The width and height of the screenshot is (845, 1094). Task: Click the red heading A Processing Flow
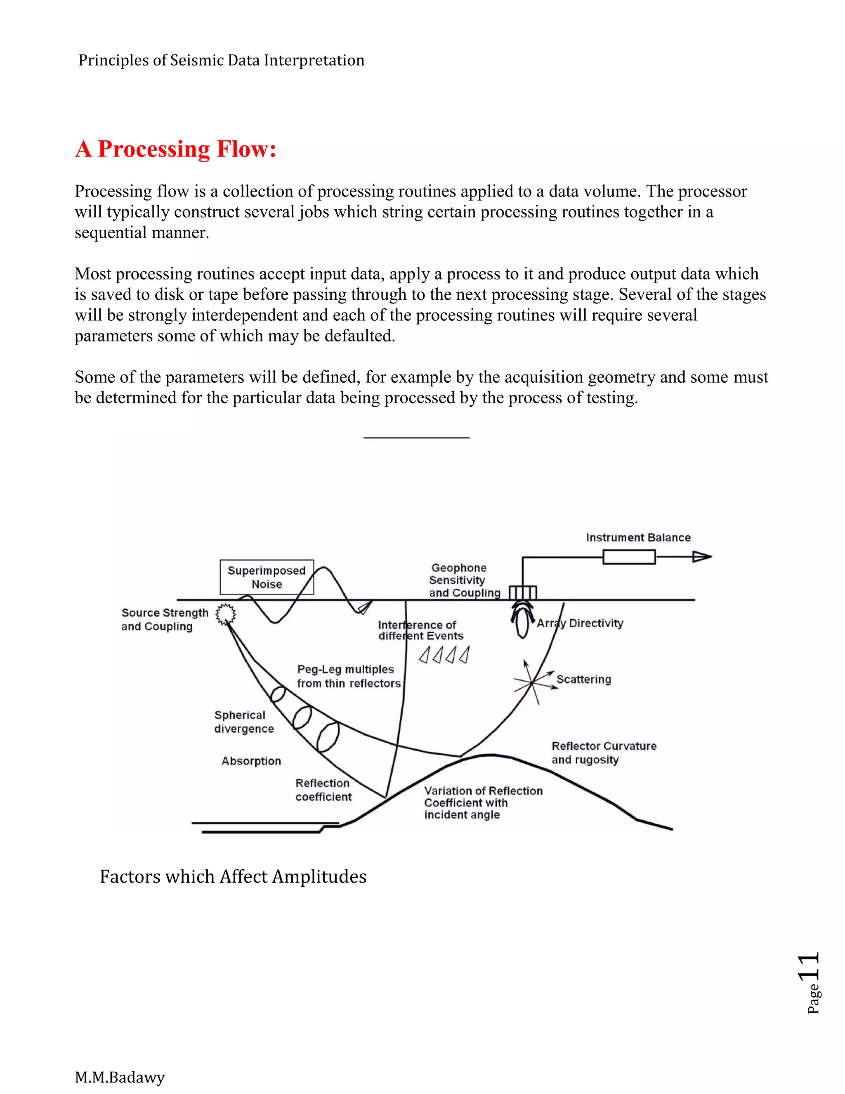pos(175,149)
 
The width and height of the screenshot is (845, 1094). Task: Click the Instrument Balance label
pos(638,538)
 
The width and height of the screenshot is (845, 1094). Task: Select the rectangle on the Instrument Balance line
pos(629,556)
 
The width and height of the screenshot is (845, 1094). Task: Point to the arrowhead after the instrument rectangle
pos(702,556)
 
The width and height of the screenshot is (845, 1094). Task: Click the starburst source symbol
pos(225,614)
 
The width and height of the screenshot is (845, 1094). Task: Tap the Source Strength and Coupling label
pos(164,620)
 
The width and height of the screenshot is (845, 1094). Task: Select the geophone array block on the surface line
pos(523,593)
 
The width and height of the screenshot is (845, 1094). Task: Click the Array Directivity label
pos(580,623)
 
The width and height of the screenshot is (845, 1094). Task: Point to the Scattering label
pos(584,679)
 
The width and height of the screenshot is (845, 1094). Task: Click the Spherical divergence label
pos(244,722)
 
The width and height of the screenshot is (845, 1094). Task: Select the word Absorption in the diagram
pos(251,761)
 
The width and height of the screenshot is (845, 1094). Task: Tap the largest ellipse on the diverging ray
pos(328,736)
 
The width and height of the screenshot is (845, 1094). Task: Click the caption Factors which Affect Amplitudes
pos(233,876)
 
